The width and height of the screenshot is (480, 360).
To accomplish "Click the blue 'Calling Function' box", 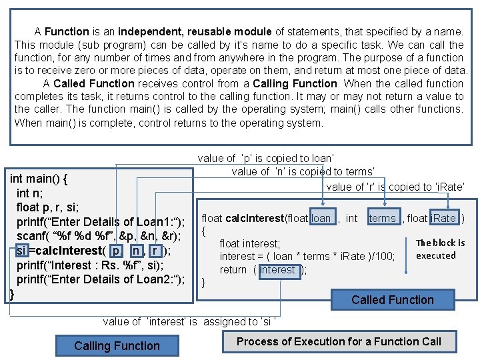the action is (x=117, y=345).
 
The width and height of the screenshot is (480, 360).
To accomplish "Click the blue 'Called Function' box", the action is (x=392, y=300).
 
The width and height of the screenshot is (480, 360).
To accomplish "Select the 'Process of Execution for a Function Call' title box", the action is (x=339, y=341).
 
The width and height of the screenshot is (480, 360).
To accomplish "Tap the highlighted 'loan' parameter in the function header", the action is (x=321, y=218).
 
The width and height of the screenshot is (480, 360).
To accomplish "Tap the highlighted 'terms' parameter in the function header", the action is (x=383, y=218).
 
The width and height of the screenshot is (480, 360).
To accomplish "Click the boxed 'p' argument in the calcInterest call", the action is (x=117, y=251).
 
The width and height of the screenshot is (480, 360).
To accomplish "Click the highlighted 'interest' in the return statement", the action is (x=278, y=269).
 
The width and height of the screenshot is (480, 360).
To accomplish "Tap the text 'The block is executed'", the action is (x=440, y=249).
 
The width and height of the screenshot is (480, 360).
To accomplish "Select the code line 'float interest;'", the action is (x=250, y=244).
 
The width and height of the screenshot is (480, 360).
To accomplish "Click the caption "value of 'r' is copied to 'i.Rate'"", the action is (x=395, y=187).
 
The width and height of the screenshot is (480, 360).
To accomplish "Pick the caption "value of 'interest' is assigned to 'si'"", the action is (x=189, y=321).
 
